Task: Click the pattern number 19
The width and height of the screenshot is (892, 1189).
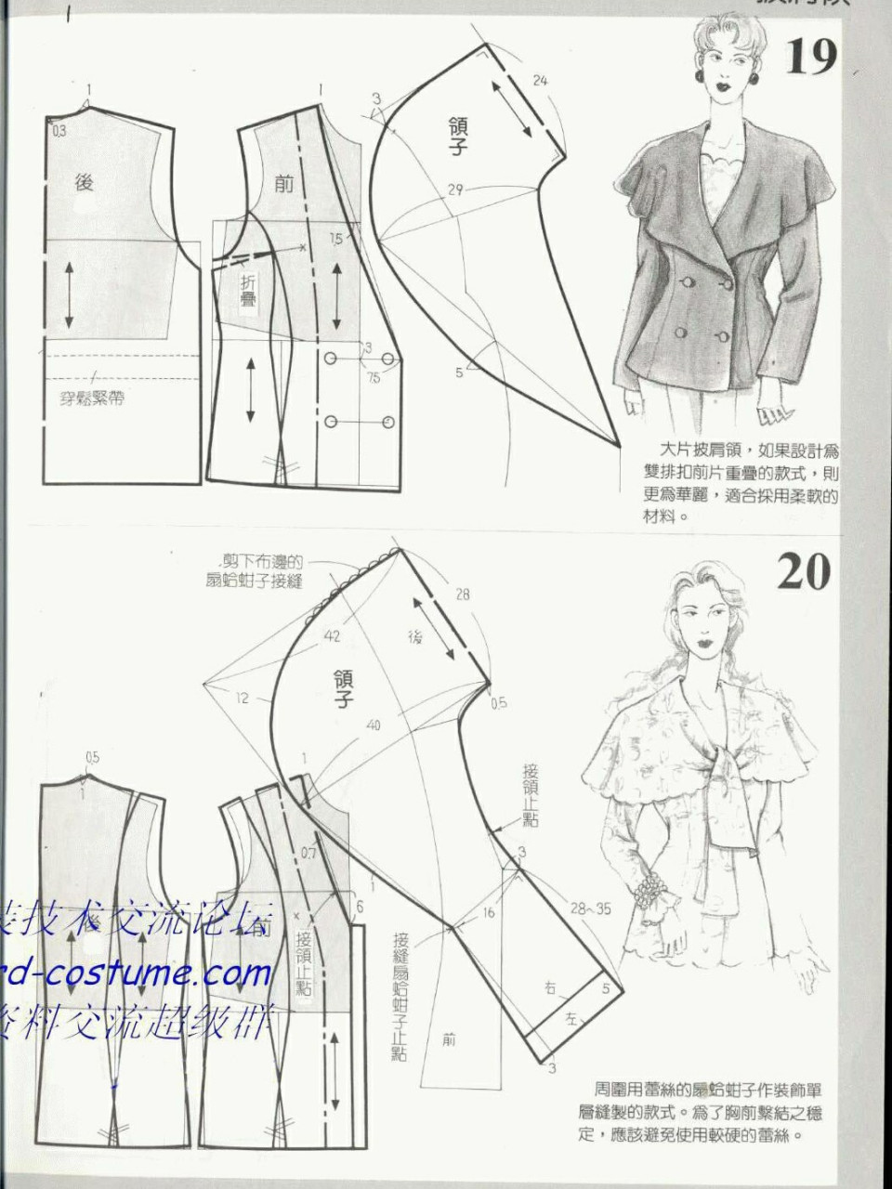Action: pyautogui.click(x=811, y=58)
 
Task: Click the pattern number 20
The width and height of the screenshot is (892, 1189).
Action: pyautogui.click(x=803, y=571)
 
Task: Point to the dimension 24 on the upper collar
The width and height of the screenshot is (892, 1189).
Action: pyautogui.click(x=540, y=81)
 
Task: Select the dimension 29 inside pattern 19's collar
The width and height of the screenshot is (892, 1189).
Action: pyautogui.click(x=454, y=190)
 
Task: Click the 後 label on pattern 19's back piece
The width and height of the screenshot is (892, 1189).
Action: pyautogui.click(x=85, y=183)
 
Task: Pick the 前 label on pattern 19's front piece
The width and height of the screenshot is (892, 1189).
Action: pyautogui.click(x=283, y=183)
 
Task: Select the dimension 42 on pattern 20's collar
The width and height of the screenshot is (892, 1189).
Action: pyautogui.click(x=333, y=637)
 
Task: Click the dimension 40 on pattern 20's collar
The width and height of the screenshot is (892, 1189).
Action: pyautogui.click(x=374, y=725)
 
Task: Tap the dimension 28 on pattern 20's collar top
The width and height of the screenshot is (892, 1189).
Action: pyautogui.click(x=462, y=594)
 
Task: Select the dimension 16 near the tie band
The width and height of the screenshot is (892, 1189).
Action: pyautogui.click(x=489, y=913)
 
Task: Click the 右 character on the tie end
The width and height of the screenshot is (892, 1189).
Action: pyautogui.click(x=550, y=990)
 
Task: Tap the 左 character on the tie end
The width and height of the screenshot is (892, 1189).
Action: pyautogui.click(x=571, y=1020)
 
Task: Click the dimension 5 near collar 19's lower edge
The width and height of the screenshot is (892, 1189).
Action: pyautogui.click(x=459, y=372)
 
